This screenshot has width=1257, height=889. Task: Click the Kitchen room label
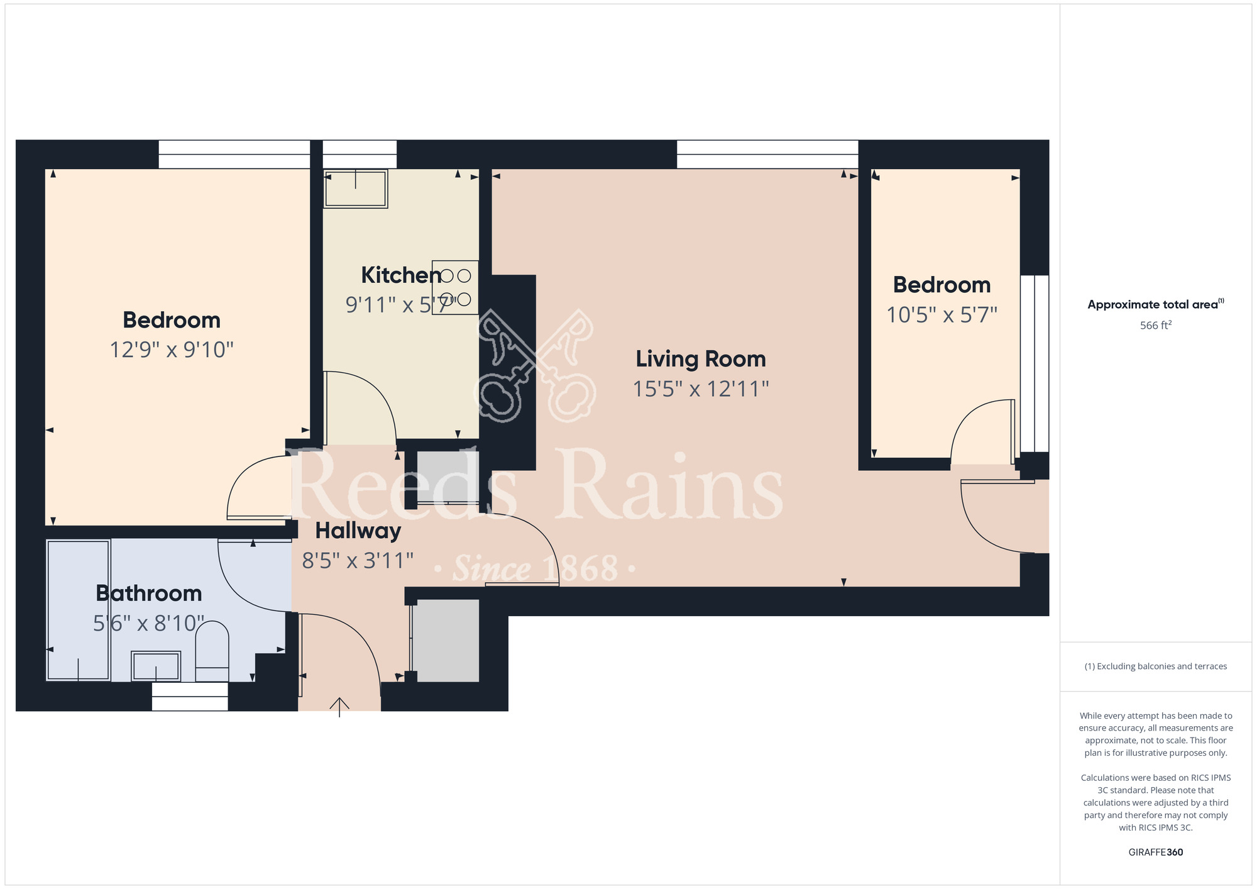[x=401, y=275]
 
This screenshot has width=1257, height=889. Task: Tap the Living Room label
[x=701, y=359]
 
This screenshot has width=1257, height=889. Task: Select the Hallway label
[x=358, y=531]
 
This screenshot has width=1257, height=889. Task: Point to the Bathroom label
[x=149, y=594]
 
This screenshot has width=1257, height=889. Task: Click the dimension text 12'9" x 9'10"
[x=172, y=350]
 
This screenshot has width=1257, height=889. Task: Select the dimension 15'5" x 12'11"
[x=701, y=389]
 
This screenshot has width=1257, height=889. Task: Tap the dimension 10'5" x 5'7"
[x=942, y=315]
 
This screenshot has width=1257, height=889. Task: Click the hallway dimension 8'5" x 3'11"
[x=358, y=560]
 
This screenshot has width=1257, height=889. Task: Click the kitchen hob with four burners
[x=455, y=287]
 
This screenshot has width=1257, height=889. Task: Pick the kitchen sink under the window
[x=356, y=188]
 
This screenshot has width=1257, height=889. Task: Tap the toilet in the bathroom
[x=212, y=651]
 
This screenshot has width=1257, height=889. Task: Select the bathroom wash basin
[x=156, y=666]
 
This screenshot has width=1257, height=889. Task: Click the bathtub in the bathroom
[x=79, y=610]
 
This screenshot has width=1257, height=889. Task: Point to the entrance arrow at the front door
[x=339, y=707]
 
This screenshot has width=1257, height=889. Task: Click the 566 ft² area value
[x=1156, y=325]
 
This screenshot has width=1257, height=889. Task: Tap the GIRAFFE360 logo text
[x=1156, y=853]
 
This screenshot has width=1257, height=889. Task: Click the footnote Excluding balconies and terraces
[x=1156, y=666]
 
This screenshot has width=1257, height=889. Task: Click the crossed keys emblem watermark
[x=535, y=366]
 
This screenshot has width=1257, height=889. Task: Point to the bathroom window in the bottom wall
[x=190, y=697]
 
